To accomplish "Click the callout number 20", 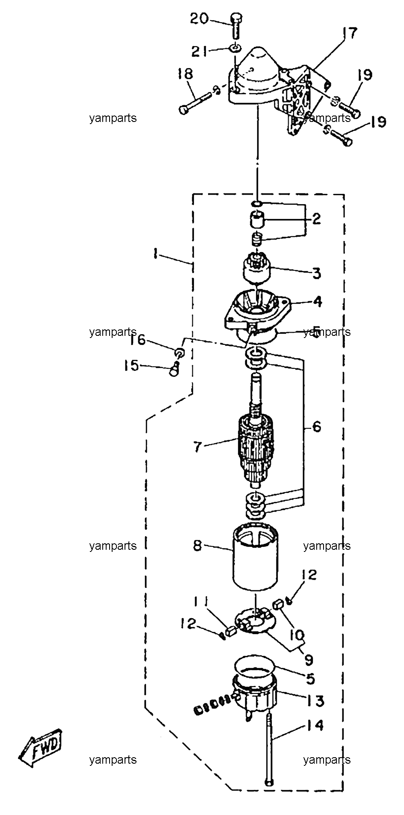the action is tap(200, 18).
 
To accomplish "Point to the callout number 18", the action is tap(185, 74).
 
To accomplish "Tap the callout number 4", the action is tap(317, 301).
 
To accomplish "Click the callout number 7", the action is tap(197, 447).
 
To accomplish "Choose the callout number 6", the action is tap(317, 427).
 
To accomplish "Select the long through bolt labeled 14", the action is tap(269, 750).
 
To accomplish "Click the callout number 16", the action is tap(138, 341).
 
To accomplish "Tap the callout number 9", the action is tap(309, 659).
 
